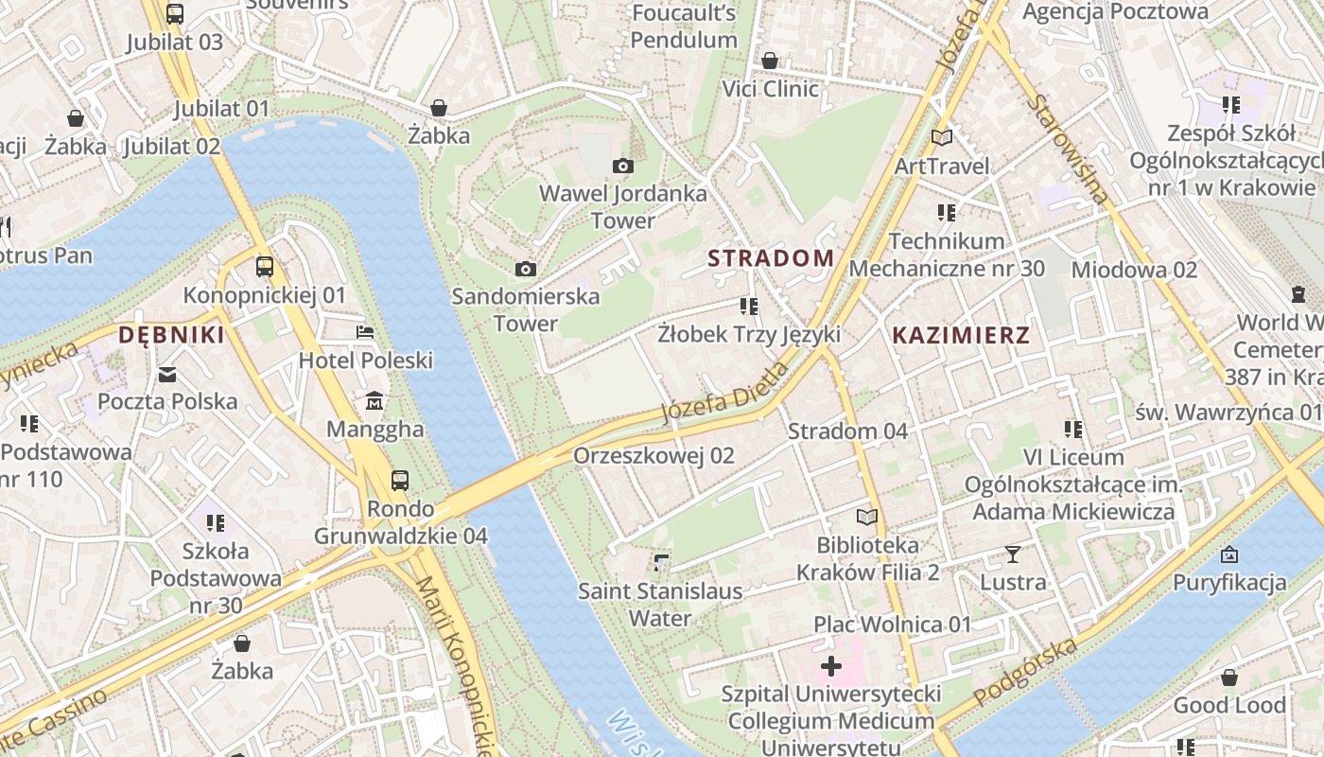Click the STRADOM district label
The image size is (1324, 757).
coord(771,257)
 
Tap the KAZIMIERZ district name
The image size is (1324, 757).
coord(961,335)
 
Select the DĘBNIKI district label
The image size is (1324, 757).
coord(171,335)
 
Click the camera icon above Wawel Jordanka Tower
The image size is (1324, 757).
coord(622,167)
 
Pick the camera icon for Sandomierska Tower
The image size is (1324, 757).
coord(526,270)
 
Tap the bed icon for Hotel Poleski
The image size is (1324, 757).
coord(365,332)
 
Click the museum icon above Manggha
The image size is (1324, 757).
coord(375,401)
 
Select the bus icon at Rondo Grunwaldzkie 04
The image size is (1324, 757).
coord(400,481)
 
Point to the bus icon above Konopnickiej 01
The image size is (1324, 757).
coord(265,267)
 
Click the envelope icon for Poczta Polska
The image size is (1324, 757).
coord(167,374)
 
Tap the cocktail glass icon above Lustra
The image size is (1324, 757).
coord(1013,554)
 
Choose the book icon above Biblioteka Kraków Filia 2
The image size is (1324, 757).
coord(867,518)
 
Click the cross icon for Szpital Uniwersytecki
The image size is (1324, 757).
coord(831,666)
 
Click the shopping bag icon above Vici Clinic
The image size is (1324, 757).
coord(770,61)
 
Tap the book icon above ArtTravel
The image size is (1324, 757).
coord(942,138)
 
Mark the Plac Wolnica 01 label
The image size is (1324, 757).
coord(893,625)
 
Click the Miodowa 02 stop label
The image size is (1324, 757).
coord(1134,270)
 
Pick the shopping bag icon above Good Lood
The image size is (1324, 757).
coord(1228,678)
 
